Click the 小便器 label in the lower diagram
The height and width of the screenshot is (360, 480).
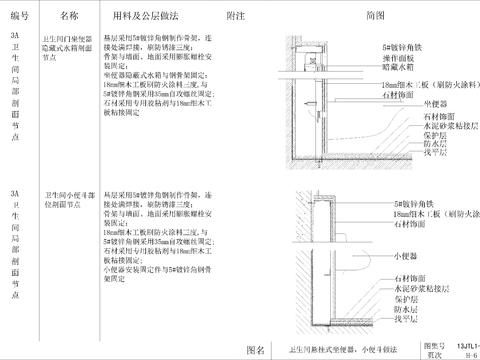point(404,253)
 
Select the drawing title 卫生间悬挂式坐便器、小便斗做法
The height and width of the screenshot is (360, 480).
point(335,343)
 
